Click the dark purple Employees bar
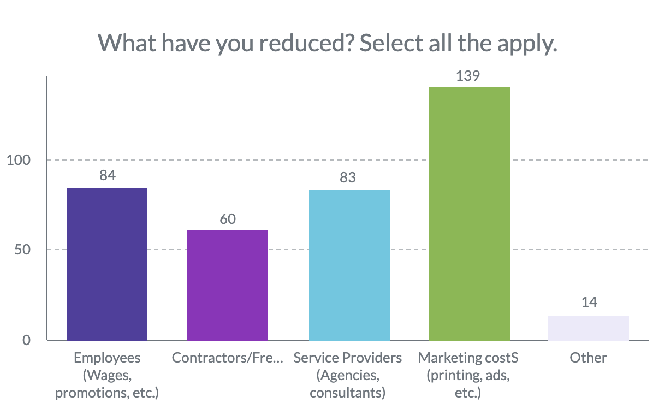click(107, 264)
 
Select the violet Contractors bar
click(227, 286)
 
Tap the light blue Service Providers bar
click(349, 265)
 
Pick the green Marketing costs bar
click(470, 214)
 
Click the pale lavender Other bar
click(589, 328)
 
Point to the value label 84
click(108, 175)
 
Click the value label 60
click(228, 219)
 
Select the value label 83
click(348, 177)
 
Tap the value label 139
click(468, 76)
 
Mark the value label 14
click(589, 301)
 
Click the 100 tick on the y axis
click(19, 160)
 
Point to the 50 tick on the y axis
click(22, 250)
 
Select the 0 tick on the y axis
click(26, 340)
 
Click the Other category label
click(588, 358)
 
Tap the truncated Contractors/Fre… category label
click(227, 358)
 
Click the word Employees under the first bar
click(107, 358)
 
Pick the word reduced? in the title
click(306, 43)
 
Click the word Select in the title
click(391, 43)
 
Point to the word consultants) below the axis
click(348, 393)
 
